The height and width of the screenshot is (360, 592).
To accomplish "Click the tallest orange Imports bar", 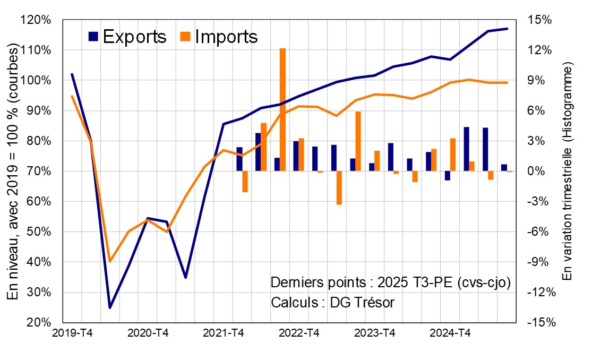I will click(x=282, y=109).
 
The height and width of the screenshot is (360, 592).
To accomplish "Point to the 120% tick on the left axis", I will click(x=36, y=20).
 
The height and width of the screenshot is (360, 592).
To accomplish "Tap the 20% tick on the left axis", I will click(x=36, y=323).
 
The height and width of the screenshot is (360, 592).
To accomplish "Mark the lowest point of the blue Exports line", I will click(x=110, y=307).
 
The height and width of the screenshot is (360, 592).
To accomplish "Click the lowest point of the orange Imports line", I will click(x=110, y=261).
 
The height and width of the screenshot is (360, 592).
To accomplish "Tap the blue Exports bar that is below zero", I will click(x=448, y=176).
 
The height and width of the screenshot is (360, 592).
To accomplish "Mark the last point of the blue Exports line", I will click(x=508, y=29).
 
